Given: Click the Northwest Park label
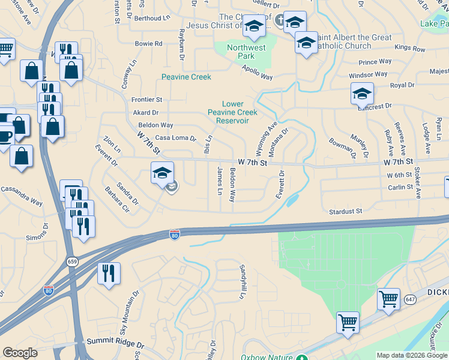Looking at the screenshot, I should pyautogui.click(x=246, y=52).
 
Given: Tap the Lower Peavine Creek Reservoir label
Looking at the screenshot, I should pyautogui.click(x=232, y=112).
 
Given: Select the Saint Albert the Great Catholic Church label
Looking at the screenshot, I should pyautogui.click(x=356, y=41).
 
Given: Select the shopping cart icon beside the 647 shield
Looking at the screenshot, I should pyautogui.click(x=388, y=298).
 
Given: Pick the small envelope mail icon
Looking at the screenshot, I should pyautogui.click(x=172, y=187).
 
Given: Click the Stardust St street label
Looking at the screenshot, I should pyautogui.click(x=346, y=211).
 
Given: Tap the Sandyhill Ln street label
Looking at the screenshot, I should pyautogui.click(x=243, y=281).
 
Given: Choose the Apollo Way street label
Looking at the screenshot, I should pyautogui.click(x=258, y=77).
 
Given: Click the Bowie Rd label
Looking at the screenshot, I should pyautogui.click(x=149, y=44).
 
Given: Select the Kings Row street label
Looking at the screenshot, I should pyautogui.click(x=410, y=47).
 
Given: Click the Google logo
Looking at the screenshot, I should pyautogui.click(x=20, y=353).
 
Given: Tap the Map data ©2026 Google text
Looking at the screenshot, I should pyautogui.click(x=412, y=355).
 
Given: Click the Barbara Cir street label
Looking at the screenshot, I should pyautogui.click(x=117, y=204).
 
